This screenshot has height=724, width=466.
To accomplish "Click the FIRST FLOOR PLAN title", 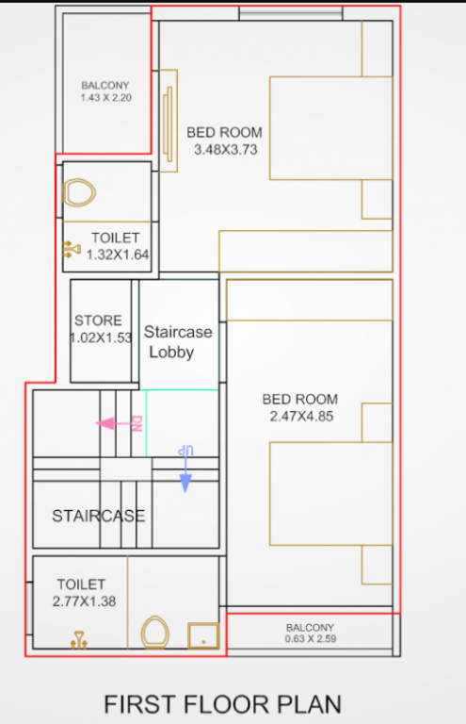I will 222,703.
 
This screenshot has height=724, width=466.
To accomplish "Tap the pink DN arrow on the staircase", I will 119,423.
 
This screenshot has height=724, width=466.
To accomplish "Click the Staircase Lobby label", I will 178,342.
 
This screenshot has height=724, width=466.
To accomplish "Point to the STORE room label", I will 98,321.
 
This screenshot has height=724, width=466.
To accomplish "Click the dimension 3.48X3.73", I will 225,149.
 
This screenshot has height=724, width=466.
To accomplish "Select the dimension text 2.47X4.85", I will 299,416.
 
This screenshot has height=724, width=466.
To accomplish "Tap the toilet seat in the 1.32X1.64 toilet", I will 79,193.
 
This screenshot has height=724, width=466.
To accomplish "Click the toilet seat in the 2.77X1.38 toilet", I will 154,633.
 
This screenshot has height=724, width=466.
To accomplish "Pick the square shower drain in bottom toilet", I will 202,635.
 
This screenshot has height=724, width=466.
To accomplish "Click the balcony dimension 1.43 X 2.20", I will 104,97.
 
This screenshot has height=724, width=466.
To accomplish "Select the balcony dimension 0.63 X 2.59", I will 311,639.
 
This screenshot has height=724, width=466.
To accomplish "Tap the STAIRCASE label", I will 98,516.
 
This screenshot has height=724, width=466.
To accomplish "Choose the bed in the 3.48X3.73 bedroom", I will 330,127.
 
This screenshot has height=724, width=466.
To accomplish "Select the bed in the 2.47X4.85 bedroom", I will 330,494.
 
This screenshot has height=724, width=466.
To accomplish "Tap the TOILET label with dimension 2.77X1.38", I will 81,584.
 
